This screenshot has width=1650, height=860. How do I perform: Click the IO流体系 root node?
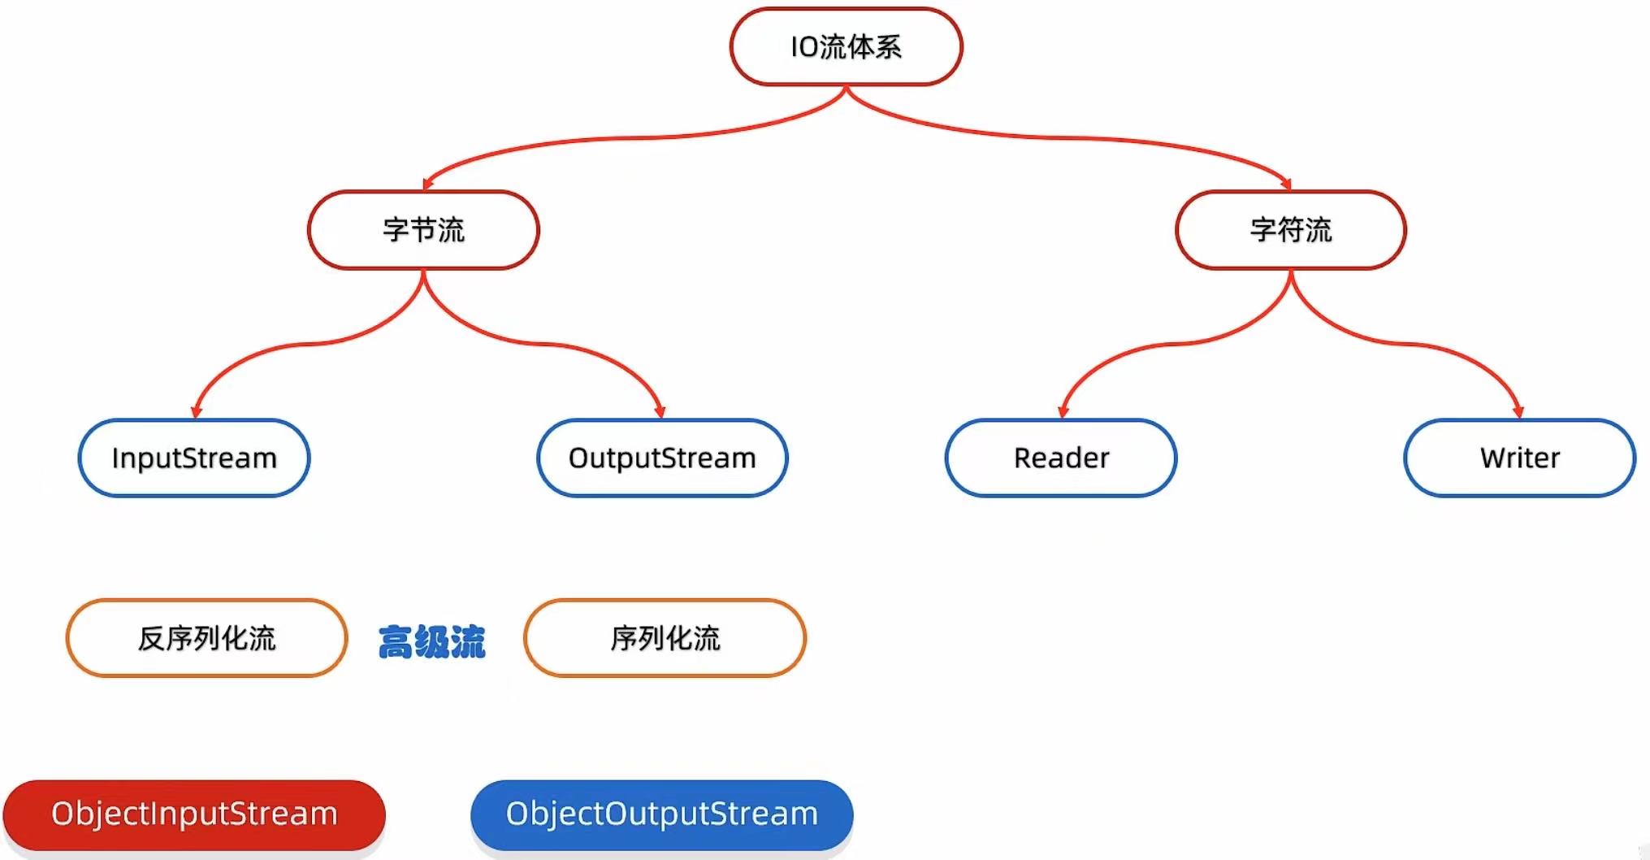(x=846, y=47)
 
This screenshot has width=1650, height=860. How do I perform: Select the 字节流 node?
(x=423, y=230)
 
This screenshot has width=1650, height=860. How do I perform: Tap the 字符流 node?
(x=1290, y=230)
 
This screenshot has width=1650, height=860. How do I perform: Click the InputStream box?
(x=194, y=458)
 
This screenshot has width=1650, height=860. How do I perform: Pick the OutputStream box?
(x=662, y=458)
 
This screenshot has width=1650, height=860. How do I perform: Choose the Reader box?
(x=1061, y=458)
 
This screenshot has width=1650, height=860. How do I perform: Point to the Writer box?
(x=1519, y=458)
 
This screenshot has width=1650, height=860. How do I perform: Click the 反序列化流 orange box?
(x=207, y=638)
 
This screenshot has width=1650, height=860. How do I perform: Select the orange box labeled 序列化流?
(x=665, y=638)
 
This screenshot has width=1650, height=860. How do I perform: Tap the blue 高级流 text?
(x=431, y=641)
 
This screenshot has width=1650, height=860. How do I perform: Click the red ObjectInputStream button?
(x=194, y=814)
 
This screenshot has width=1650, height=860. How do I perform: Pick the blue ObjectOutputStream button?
(x=662, y=814)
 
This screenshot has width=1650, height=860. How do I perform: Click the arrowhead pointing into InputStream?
(x=196, y=411)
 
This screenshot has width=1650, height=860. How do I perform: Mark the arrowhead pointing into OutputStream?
(x=660, y=411)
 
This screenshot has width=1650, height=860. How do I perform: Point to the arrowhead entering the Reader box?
(x=1063, y=411)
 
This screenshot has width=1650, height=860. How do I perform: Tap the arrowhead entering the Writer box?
(x=1518, y=411)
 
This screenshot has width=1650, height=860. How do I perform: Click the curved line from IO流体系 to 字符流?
(x=1056, y=137)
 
